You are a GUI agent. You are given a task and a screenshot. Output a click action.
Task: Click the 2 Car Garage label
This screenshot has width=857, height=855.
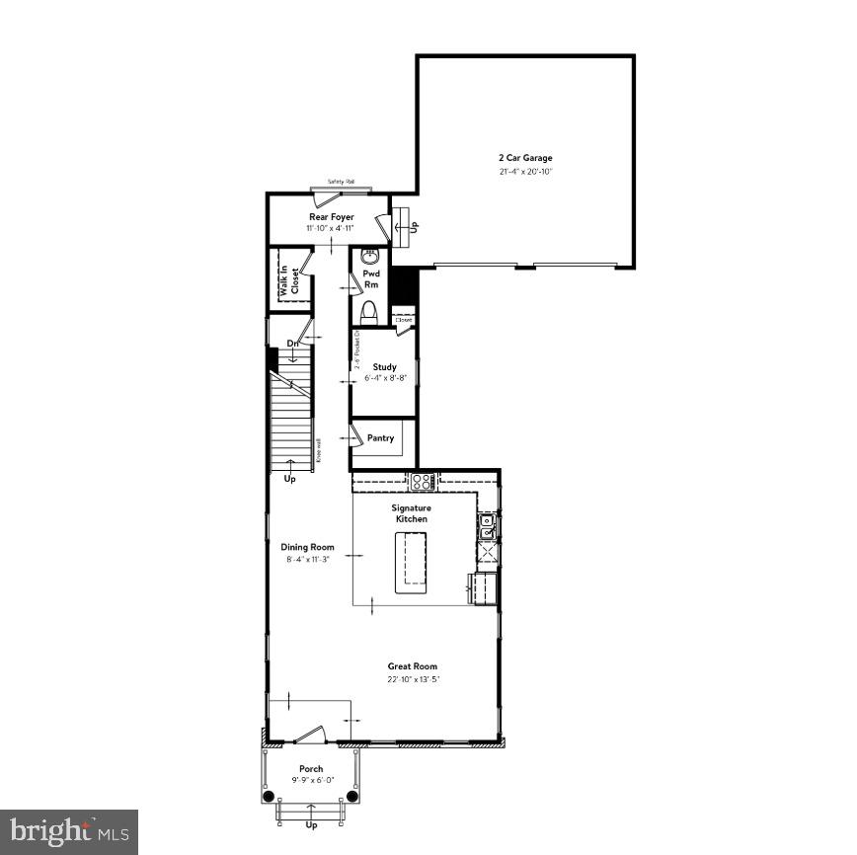pyautogui.click(x=524, y=157)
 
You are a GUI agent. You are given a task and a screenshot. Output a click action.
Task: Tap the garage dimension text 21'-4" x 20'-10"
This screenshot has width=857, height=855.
pyautogui.click(x=524, y=172)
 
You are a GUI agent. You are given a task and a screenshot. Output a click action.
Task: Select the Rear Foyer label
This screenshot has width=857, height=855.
pyautogui.click(x=332, y=217)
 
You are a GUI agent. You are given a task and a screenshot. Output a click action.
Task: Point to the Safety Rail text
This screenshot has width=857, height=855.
pyautogui.click(x=342, y=183)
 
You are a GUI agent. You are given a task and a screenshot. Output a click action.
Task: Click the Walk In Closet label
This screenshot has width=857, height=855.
pyautogui.click(x=288, y=281)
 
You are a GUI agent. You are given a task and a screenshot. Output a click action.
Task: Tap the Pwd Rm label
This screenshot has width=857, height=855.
pyautogui.click(x=371, y=279)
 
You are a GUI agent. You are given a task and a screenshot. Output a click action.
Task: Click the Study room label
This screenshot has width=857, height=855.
pyautogui.click(x=384, y=367)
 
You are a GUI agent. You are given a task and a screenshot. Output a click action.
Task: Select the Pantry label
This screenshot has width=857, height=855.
pyautogui.click(x=380, y=438)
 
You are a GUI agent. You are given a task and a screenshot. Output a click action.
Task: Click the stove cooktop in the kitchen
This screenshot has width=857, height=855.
pyautogui.click(x=423, y=482)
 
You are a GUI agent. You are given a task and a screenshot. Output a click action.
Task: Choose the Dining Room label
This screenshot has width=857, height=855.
pyautogui.click(x=307, y=547)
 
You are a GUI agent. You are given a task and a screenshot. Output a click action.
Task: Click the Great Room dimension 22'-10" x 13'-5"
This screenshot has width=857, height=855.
pyautogui.click(x=412, y=679)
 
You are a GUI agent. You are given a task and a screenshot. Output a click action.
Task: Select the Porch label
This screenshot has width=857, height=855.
pyautogui.click(x=311, y=769)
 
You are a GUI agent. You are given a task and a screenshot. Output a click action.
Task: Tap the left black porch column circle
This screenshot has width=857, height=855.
pyautogui.click(x=269, y=796)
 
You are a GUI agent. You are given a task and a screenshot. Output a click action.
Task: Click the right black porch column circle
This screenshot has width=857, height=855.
pyautogui.click(x=353, y=796)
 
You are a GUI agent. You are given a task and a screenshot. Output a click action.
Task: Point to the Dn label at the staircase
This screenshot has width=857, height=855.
pyautogui.click(x=292, y=344)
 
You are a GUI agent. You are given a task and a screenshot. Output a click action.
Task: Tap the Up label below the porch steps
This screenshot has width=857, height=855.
pyautogui.click(x=312, y=825)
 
